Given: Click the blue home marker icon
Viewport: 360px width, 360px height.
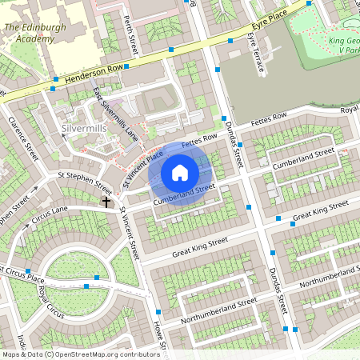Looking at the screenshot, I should pyautogui.click(x=180, y=173).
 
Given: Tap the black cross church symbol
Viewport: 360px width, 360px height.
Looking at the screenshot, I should pyautogui.click(x=106, y=202).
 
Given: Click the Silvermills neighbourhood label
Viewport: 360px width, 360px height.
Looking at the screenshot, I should pyautogui.click(x=85, y=128).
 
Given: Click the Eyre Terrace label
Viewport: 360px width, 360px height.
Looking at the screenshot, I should pyautogui.click(x=256, y=53).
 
